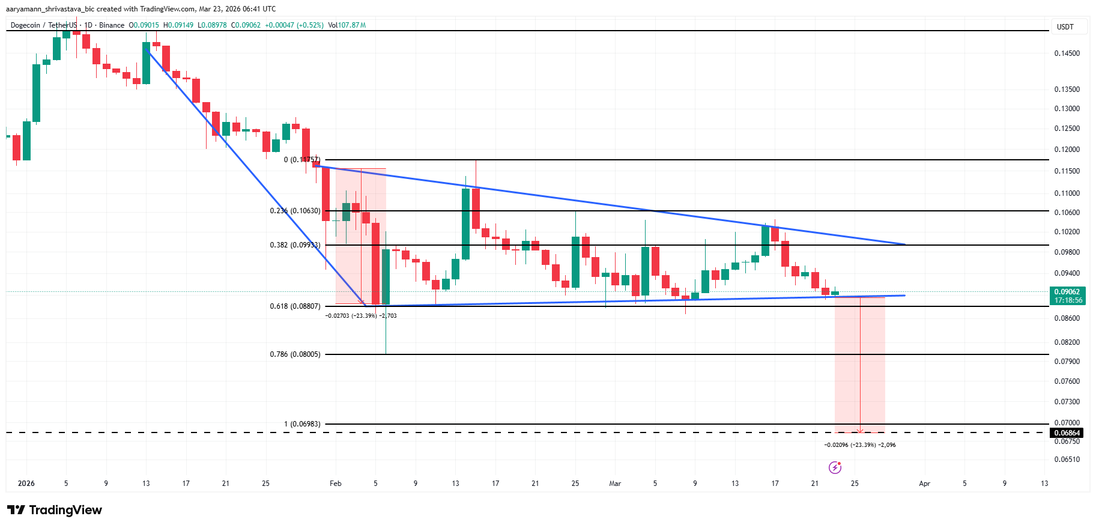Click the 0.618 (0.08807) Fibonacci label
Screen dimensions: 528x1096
295,306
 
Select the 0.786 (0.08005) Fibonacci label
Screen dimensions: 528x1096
295,354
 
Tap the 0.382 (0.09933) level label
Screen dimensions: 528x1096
295,245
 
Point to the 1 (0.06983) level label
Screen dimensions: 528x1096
302,424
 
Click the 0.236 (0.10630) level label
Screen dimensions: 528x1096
295,211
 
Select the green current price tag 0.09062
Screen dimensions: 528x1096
1067,292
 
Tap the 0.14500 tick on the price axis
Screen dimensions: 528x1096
1067,53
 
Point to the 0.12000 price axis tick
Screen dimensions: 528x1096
1067,150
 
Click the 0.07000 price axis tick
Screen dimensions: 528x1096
1067,423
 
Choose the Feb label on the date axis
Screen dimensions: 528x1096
336,484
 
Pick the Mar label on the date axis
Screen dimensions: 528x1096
615,484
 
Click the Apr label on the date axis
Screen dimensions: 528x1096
924,484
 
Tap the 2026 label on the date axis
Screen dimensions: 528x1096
26,484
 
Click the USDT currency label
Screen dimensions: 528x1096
1065,27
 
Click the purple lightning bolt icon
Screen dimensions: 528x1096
835,467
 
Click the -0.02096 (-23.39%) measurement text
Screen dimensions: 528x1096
859,445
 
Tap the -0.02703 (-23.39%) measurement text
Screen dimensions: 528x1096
360,315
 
